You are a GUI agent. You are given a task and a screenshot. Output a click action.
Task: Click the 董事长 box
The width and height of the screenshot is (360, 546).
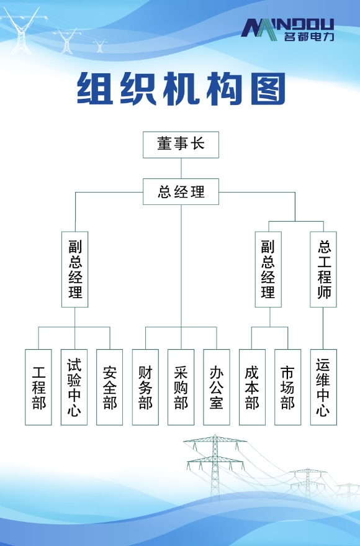[x=181, y=145]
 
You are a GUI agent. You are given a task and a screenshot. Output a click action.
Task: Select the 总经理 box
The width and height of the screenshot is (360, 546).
[x=181, y=191]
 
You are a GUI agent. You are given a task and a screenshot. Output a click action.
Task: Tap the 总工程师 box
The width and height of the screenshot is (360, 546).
[x=323, y=269]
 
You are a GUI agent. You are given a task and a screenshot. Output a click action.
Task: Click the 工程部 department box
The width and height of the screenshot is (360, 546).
[x=38, y=387]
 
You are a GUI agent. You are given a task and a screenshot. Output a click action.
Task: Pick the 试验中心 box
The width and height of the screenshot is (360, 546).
[x=74, y=387]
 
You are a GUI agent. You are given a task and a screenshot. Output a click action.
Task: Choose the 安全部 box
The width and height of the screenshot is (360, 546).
[x=110, y=387]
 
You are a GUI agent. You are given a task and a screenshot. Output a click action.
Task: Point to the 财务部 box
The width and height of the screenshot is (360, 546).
[x=145, y=387]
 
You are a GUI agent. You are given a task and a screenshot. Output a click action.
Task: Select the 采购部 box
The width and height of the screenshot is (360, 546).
[x=181, y=387]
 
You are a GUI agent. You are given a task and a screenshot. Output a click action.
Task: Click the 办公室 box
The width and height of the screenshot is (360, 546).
[x=217, y=387]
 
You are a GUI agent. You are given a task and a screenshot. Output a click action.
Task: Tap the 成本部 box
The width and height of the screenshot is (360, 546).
[x=252, y=387]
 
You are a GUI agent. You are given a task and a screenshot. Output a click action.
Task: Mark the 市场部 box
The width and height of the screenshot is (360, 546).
[x=287, y=387]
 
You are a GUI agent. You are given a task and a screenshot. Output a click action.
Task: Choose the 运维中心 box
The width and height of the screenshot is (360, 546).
[x=323, y=387]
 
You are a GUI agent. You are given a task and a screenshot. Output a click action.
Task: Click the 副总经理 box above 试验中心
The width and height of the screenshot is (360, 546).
[x=74, y=269]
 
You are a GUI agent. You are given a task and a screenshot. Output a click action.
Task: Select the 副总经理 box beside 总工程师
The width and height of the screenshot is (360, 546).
[x=268, y=269]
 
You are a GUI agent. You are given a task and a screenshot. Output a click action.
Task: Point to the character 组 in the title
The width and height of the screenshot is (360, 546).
[x=94, y=89]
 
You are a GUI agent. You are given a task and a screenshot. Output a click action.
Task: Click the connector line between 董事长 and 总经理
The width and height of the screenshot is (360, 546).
[x=181, y=168]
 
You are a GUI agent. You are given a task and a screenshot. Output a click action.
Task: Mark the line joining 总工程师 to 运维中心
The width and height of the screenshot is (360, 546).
[x=323, y=329]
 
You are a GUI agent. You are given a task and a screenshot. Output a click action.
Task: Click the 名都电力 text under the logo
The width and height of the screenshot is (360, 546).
[x=309, y=37]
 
